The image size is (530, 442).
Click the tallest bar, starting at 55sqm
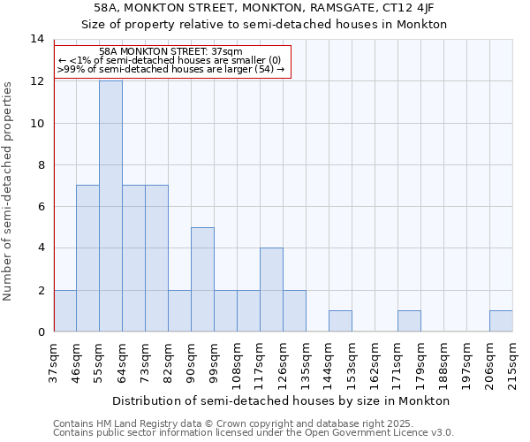(x=110, y=206)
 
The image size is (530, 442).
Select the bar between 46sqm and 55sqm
(x=87, y=258)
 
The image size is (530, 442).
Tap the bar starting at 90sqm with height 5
(x=202, y=279)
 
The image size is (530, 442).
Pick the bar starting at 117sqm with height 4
(x=271, y=290)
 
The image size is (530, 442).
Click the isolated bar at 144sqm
(x=340, y=321)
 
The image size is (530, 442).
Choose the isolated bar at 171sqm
(x=409, y=321)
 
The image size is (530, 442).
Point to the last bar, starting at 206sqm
(x=501, y=321)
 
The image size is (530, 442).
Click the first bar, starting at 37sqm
(x=64, y=310)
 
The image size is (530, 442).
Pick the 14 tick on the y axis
(x=37, y=39)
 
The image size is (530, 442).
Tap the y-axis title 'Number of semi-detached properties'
(x=9, y=190)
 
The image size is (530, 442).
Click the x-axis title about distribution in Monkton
(x=282, y=400)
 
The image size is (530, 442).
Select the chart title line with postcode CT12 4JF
(x=264, y=8)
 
